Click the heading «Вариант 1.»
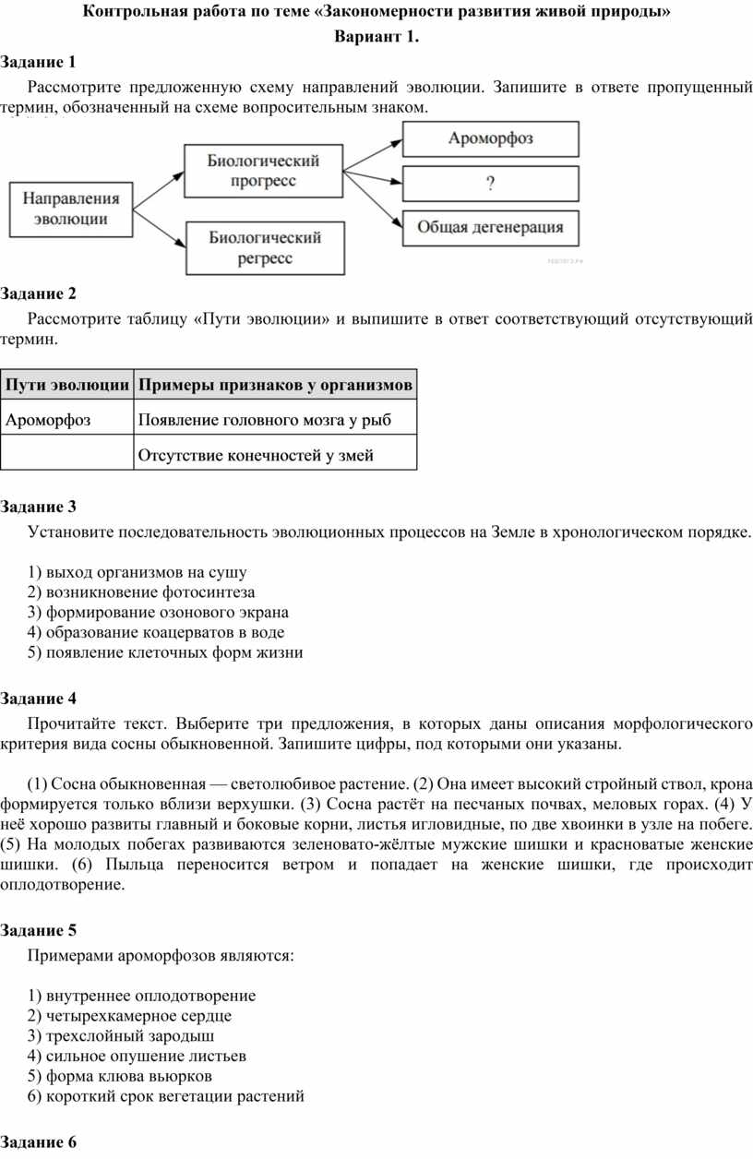click(x=376, y=37)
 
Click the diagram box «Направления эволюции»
click(x=70, y=209)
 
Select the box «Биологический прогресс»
click(x=263, y=171)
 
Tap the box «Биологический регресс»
click(x=264, y=247)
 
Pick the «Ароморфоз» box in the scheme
click(x=490, y=139)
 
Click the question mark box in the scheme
click(x=490, y=184)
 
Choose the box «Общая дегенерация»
click(x=490, y=227)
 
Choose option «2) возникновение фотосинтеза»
click(x=141, y=591)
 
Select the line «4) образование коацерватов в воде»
click(x=156, y=632)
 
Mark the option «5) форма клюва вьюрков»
click(x=120, y=1076)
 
